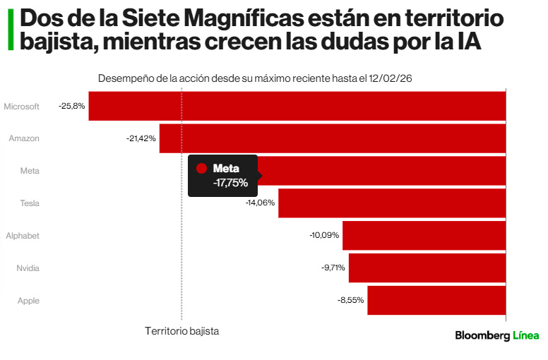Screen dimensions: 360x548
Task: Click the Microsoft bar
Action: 297,106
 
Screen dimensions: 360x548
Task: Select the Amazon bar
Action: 332,138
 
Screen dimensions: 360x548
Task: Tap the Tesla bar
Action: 392,203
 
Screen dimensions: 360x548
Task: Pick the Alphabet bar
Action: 424,236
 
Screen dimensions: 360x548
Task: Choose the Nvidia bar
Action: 427,268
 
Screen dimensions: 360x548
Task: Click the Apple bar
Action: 436,301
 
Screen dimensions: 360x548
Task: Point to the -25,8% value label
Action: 72,106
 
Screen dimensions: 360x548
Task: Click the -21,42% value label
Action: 141,138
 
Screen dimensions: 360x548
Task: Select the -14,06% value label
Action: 260,203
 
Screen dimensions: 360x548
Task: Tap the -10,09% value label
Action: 324,236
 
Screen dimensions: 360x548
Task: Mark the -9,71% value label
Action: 332,268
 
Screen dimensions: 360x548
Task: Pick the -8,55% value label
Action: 350,301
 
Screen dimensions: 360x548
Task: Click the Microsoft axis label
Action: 21,107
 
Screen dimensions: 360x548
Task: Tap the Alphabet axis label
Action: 23,236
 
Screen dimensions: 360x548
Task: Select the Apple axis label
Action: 28,301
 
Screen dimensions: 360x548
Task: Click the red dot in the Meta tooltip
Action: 201,169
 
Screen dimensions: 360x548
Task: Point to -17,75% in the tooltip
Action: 230,183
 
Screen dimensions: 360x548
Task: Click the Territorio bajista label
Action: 181,330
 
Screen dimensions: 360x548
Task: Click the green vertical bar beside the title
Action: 11,29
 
